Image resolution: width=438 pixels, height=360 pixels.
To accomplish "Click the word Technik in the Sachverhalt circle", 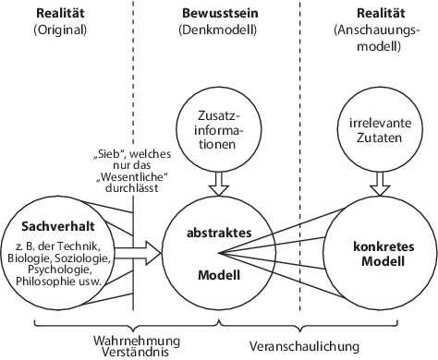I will coord(91,246).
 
